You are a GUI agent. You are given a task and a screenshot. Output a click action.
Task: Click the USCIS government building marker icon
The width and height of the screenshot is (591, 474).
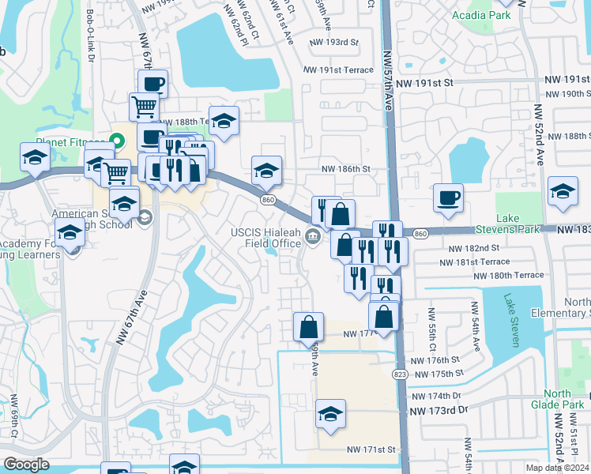click(x=314, y=235)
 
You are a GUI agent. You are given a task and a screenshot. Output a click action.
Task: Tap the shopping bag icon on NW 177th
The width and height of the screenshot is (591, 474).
click(x=308, y=326)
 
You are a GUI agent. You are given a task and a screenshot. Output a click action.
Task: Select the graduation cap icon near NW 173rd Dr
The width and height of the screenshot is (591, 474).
click(x=330, y=413)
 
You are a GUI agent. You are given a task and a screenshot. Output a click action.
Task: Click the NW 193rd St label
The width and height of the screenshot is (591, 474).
click(x=334, y=42)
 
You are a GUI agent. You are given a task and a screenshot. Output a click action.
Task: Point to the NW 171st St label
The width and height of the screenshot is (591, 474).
click(x=370, y=450)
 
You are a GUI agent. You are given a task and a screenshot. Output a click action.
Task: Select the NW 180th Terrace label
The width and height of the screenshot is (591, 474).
click(x=508, y=275)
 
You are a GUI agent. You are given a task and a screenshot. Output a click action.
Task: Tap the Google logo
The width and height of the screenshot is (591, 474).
click(x=26, y=465)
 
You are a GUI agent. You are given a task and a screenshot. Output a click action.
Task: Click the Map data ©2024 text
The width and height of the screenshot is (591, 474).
click(x=556, y=468)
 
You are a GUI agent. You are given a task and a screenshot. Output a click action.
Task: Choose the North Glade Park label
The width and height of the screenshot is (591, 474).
click(x=557, y=400)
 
